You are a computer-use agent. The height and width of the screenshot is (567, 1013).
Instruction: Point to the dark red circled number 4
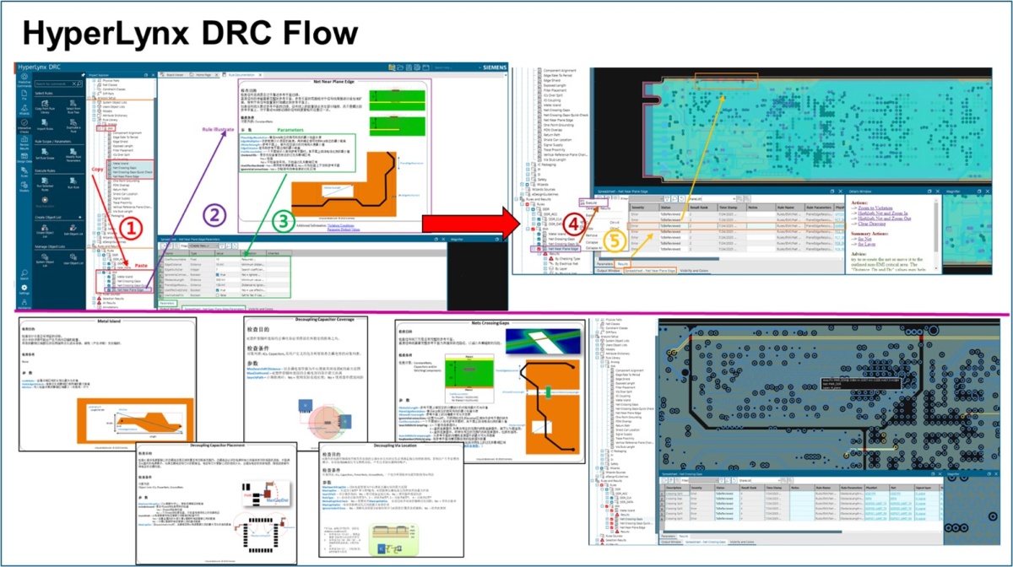[574, 224]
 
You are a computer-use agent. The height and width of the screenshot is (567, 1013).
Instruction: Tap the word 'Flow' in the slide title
[311, 33]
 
